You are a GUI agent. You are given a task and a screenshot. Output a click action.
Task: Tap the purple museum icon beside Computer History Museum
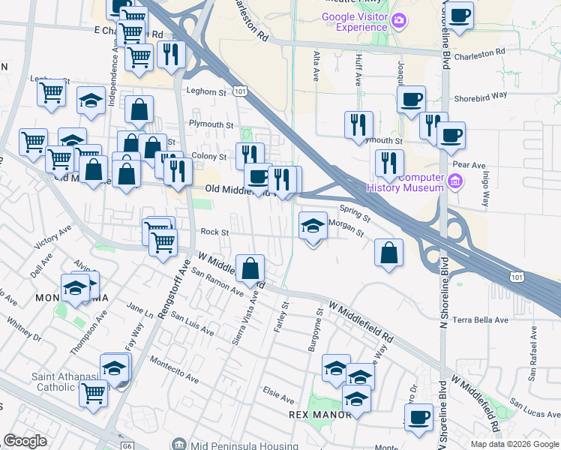[x=454, y=181]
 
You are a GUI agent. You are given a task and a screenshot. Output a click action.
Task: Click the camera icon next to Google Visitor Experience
[x=400, y=19]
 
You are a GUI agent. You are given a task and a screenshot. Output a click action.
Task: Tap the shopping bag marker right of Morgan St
[x=388, y=253]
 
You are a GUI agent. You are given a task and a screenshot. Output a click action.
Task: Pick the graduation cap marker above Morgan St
[x=313, y=225]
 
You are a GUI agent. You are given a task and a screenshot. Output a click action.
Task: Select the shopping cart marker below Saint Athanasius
[x=94, y=393]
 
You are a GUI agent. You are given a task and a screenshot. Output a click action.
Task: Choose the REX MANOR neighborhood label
[x=319, y=415]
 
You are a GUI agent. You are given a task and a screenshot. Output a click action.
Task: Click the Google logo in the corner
[x=25, y=440]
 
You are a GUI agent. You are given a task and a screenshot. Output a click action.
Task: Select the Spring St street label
[x=355, y=214]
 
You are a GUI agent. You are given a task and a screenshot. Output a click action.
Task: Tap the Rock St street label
[x=208, y=232]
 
